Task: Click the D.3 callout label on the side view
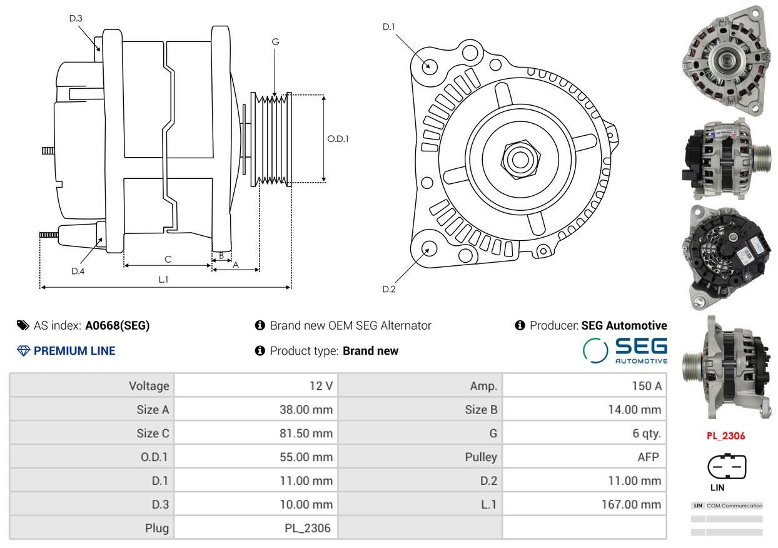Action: pos(76,18)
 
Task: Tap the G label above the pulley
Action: pos(275,42)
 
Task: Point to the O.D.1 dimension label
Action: pos(338,139)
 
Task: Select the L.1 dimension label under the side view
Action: pos(163,280)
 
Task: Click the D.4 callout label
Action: pos(78,271)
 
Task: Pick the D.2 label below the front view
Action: pos(388,289)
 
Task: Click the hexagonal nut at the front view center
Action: pos(520,160)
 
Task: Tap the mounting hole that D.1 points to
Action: pos(430,66)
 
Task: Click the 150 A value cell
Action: pos(647,386)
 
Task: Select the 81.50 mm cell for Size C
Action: pos(306,434)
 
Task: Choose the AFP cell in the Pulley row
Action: pos(648,457)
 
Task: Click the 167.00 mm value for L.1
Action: pos(631,504)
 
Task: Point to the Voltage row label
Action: pos(149,386)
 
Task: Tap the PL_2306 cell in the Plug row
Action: pos(307,528)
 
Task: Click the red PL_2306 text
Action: pos(725,436)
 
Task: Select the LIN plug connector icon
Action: pos(727,466)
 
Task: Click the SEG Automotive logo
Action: pos(625,350)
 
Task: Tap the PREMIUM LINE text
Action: pos(74,350)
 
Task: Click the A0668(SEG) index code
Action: pos(118,325)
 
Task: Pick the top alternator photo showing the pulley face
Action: pos(726,61)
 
